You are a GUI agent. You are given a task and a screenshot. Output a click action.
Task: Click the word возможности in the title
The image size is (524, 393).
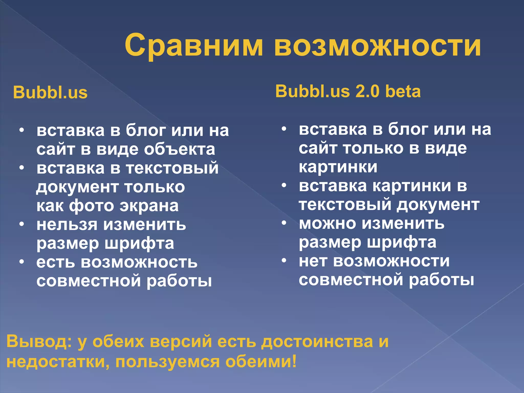point(377,46)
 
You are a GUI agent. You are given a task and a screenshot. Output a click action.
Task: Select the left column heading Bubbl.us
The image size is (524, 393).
point(50,92)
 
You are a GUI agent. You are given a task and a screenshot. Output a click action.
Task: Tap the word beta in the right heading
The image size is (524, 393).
point(403,91)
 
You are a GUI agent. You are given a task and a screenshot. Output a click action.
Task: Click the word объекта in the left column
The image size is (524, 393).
point(179,149)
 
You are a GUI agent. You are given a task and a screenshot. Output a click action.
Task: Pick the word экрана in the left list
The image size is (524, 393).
point(149,206)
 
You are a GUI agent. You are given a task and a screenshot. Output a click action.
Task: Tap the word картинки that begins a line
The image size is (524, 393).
point(338,167)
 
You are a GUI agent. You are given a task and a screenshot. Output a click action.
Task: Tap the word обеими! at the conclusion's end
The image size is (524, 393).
point(261,362)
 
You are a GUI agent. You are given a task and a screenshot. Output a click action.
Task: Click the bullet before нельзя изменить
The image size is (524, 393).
point(22,224)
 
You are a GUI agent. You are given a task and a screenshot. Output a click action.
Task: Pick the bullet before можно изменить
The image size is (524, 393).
point(284,223)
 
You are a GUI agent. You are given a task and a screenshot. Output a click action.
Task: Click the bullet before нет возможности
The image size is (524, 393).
point(284,260)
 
